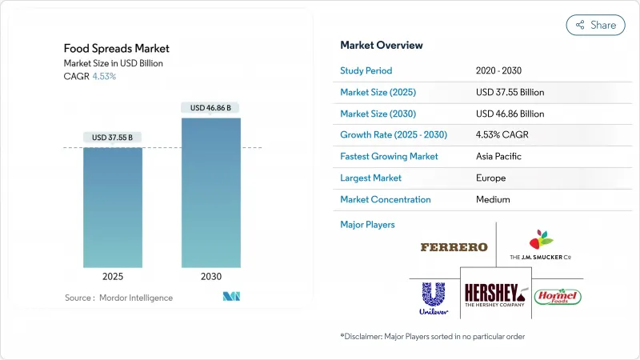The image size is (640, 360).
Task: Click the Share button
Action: click(595, 25)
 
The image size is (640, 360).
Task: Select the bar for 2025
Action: click(113, 207)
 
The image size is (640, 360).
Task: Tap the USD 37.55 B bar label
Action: click(113, 137)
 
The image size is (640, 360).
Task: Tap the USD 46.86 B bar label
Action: click(211, 107)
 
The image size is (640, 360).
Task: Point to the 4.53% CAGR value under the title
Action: click(105, 76)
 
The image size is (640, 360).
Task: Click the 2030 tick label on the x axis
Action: click(211, 276)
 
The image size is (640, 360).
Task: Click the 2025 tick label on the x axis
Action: click(113, 276)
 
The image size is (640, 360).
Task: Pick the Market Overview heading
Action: click(382, 45)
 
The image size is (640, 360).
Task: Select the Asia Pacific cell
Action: click(501, 156)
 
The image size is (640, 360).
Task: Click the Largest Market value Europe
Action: click(491, 178)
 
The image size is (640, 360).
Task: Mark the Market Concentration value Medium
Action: click(493, 199)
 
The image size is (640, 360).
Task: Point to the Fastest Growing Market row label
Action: click(389, 156)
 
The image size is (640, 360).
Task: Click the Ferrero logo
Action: click(454, 247)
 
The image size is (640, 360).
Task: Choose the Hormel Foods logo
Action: click(558, 297)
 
